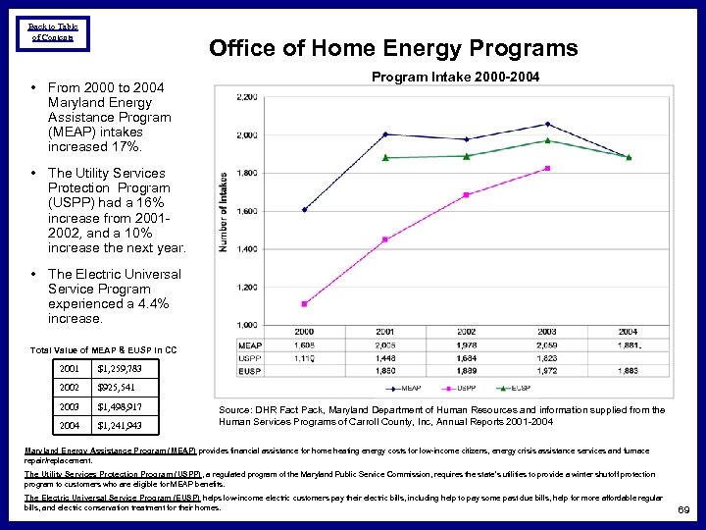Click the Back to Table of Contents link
tap(53, 31)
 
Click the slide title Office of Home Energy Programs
tap(393, 48)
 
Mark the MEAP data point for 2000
tap(304, 209)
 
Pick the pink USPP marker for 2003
tap(547, 168)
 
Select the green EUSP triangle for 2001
tap(385, 157)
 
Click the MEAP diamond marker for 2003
tap(547, 124)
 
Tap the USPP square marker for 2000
tap(304, 303)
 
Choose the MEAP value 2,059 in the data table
tap(546, 345)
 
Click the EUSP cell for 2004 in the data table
tap(628, 371)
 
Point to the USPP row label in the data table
tap(250, 358)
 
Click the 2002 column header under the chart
tap(466, 332)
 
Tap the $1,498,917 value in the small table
tap(122, 406)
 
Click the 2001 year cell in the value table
tap(70, 369)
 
